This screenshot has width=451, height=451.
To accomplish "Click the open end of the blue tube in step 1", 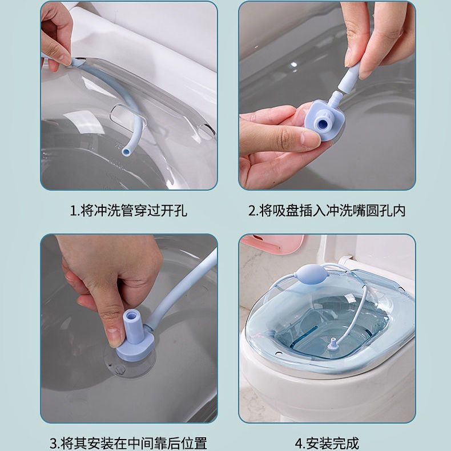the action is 126,151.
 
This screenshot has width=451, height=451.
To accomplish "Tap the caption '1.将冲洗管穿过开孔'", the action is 129,210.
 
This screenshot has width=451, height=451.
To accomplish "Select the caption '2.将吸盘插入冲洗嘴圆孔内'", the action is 327,210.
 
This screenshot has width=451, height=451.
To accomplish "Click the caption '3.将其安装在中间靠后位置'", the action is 128,444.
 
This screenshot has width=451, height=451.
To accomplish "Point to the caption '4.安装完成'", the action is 327,444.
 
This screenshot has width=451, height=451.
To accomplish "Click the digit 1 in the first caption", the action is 73,211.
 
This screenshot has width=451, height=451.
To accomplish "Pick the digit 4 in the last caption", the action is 299,444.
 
